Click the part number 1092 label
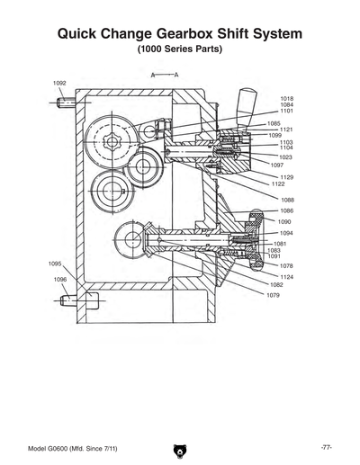click(x=59, y=83)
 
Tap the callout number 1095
click(x=55, y=264)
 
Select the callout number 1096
click(x=60, y=280)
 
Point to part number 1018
click(x=287, y=99)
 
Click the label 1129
click(x=287, y=177)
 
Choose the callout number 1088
click(x=287, y=200)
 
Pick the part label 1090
click(x=284, y=221)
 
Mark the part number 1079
click(x=272, y=295)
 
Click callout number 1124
click(x=287, y=277)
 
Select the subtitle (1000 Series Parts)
click(x=180, y=49)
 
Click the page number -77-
click(x=328, y=447)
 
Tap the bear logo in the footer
click(x=179, y=448)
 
